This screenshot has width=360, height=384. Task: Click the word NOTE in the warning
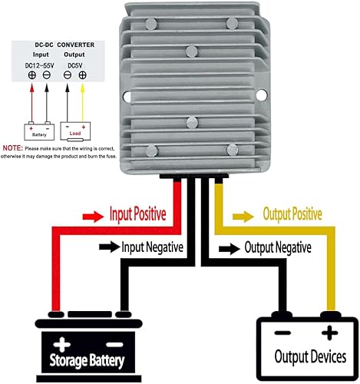[12, 147]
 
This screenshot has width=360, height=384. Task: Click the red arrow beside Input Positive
[91, 214]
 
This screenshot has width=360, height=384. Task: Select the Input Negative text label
[152, 247]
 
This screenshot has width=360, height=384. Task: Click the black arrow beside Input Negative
[107, 247]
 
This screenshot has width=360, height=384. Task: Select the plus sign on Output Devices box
[331, 333]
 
